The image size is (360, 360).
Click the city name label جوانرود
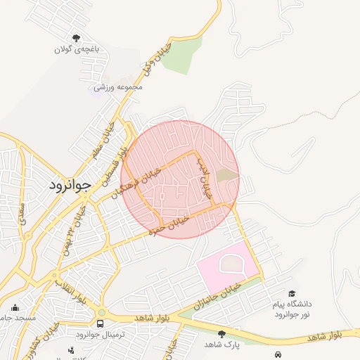[x=71, y=186]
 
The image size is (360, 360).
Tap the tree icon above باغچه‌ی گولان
[x=76, y=38]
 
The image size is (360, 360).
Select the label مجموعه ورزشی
[x=119, y=86]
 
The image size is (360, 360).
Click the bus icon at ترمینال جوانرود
[x=100, y=324]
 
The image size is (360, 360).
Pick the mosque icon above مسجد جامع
[x=15, y=307]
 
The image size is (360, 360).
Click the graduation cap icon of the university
[x=291, y=294]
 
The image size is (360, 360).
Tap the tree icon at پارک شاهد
[x=222, y=334]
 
